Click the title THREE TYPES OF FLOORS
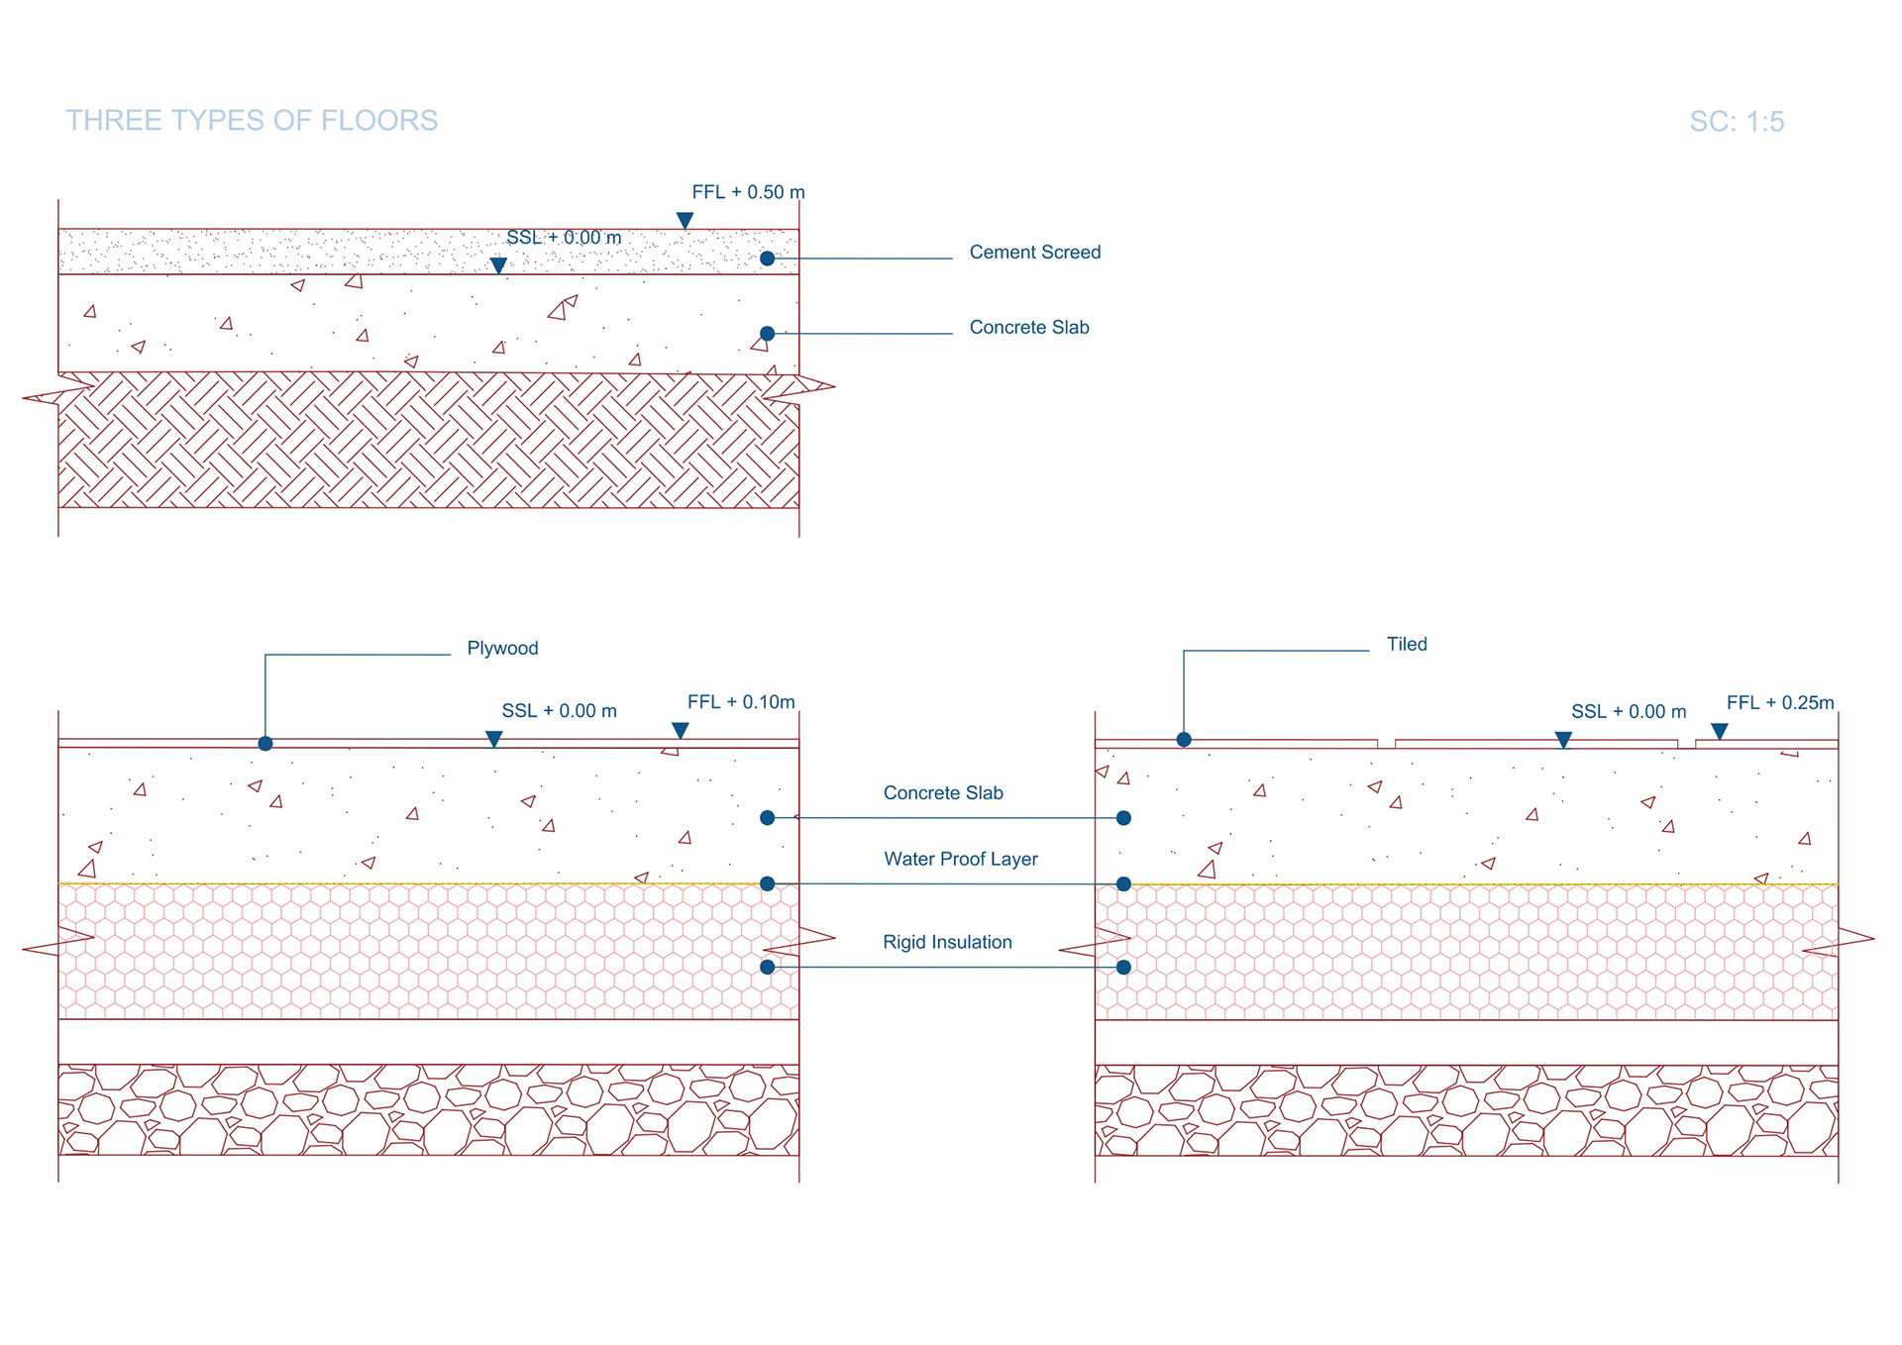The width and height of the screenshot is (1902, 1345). [x=252, y=121]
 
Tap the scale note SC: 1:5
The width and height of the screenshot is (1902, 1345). [x=1736, y=122]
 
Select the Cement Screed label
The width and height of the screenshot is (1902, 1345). [x=1034, y=253]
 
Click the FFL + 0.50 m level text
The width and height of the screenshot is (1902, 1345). [x=748, y=192]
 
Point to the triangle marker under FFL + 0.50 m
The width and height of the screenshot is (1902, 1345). [x=685, y=220]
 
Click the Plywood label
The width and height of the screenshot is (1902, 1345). [x=502, y=649]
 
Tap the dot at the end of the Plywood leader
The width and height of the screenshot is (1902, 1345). [x=265, y=744]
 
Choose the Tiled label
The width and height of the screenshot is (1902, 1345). [x=1406, y=645]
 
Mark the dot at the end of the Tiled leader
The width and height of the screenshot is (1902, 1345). [x=1184, y=740]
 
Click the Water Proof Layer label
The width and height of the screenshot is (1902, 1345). [x=960, y=860]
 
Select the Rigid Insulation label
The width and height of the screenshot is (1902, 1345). [x=947, y=943]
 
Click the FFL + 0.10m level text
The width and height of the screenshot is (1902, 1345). [x=741, y=702]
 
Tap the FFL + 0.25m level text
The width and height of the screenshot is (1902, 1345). [x=1780, y=703]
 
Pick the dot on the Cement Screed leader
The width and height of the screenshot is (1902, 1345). [x=768, y=259]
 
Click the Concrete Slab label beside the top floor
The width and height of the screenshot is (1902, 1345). [x=1028, y=328]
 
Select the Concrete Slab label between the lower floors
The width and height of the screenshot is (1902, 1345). [x=943, y=793]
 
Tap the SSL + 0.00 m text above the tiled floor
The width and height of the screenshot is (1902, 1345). [x=1628, y=712]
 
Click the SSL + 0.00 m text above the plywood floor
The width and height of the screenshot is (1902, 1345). [x=559, y=711]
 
